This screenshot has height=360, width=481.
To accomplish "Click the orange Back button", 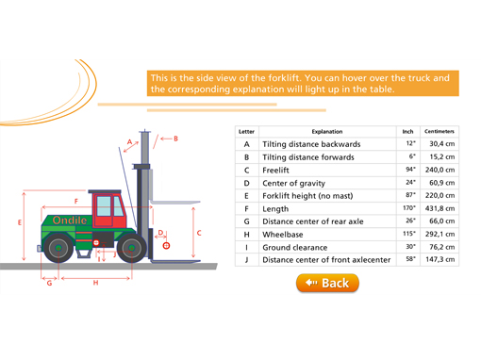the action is pos(327,283).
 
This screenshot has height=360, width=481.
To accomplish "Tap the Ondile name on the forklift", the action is pos(70,221).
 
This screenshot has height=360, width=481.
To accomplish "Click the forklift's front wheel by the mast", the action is pos(131,248).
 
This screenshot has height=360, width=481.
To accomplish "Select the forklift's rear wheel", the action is pos(58,248).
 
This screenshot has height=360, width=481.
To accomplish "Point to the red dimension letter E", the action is pos(20,222).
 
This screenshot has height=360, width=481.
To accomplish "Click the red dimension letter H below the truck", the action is pos(95,283).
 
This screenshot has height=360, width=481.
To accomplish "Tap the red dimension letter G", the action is pos(49,283).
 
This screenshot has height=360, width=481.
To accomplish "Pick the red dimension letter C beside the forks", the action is pos(199,233).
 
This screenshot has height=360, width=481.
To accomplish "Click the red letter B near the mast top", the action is pos(175,139).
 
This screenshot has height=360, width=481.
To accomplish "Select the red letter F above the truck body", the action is pos(76,201).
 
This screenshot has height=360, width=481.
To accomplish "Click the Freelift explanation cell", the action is pos(327,170).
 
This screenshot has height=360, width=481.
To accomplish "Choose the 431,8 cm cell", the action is pos(440,208).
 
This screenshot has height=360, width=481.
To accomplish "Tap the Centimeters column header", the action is pos(440,131).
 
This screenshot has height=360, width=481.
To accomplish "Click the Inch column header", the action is pos(407,131).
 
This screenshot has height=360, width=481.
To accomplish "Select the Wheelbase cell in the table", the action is pos(327,235).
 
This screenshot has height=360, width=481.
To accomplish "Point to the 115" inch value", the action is pos(409,234).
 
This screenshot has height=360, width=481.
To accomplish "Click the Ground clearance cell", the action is pos(327,247).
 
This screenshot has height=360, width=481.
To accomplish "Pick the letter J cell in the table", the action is pos(247,260).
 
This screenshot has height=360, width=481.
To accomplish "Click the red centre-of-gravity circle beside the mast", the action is pos(166,246).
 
